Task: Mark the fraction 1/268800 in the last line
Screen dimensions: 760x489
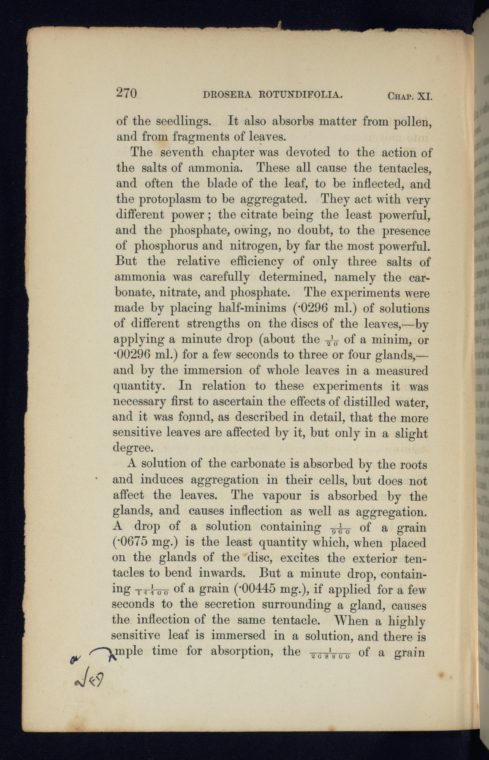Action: [331, 654]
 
